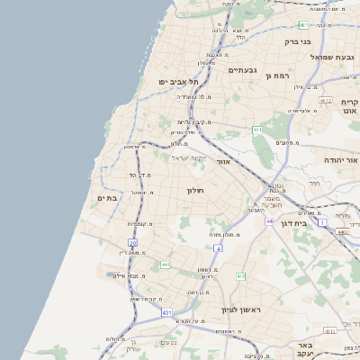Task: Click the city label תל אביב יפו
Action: (x=178, y=82)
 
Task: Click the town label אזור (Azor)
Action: (x=225, y=162)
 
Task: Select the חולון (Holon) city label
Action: (x=196, y=191)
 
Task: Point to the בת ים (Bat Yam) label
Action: (x=106, y=198)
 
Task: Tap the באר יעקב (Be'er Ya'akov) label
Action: (x=307, y=350)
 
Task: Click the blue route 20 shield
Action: (x=132, y=243)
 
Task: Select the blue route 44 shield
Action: (x=268, y=220)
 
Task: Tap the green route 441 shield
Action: (x=165, y=265)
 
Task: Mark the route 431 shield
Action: (x=166, y=311)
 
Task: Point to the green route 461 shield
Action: (x=257, y=130)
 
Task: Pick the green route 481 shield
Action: (x=303, y=25)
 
